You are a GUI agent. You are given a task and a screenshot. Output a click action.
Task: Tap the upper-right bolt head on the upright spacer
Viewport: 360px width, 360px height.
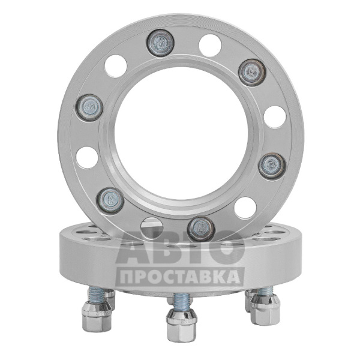(x=252, y=73)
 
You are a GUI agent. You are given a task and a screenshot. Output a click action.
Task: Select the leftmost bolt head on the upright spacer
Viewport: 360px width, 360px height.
(x=89, y=107)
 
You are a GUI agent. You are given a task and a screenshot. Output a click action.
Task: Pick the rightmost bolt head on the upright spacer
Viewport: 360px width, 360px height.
(x=272, y=165)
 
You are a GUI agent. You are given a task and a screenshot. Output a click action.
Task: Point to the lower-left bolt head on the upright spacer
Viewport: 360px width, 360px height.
(x=110, y=200)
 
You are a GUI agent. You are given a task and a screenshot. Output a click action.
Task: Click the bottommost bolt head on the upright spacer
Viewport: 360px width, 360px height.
(x=201, y=229)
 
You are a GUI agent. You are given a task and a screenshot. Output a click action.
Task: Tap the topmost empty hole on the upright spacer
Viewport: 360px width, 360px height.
(x=210, y=46)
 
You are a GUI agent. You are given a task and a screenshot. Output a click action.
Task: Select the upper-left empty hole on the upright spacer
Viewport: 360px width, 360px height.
(x=116, y=66)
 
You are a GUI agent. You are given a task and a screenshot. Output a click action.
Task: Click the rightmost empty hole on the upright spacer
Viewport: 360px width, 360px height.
(x=275, y=117)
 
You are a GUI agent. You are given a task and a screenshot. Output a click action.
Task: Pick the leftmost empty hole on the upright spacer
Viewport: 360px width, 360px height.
(x=87, y=157)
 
